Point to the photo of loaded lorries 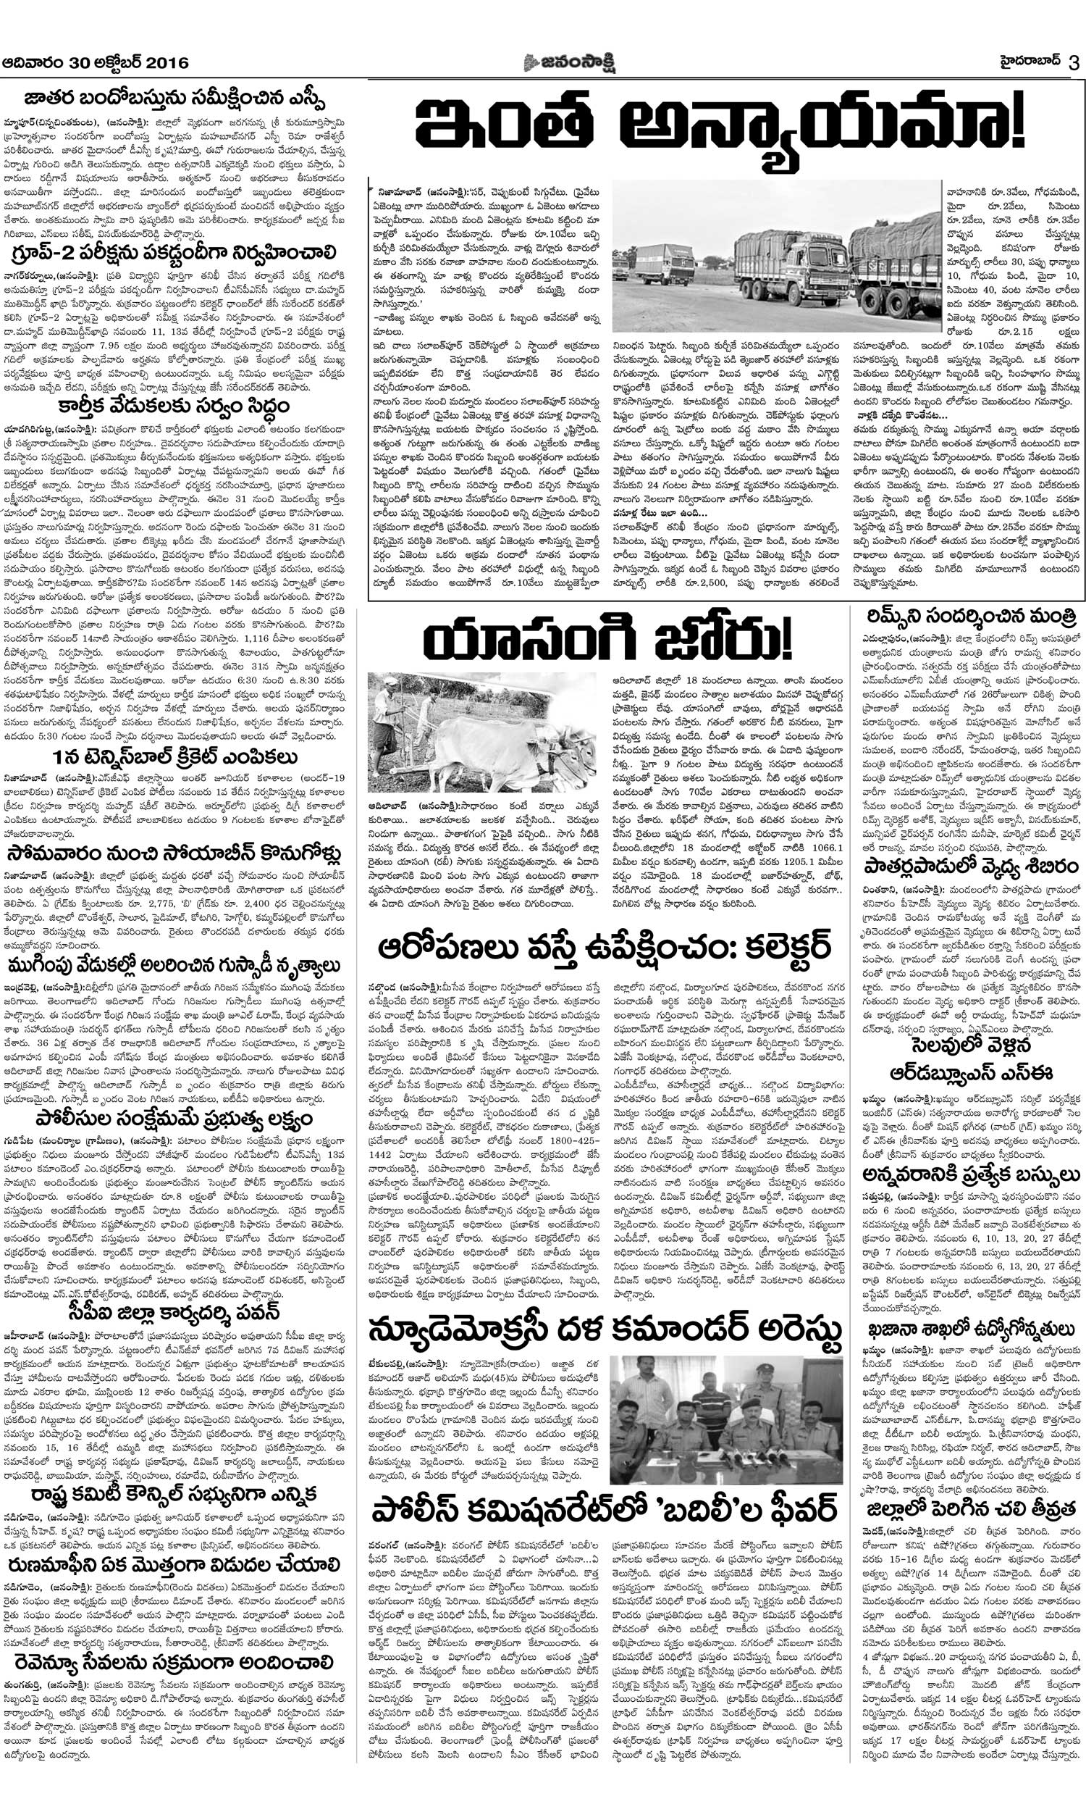click(775, 256)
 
